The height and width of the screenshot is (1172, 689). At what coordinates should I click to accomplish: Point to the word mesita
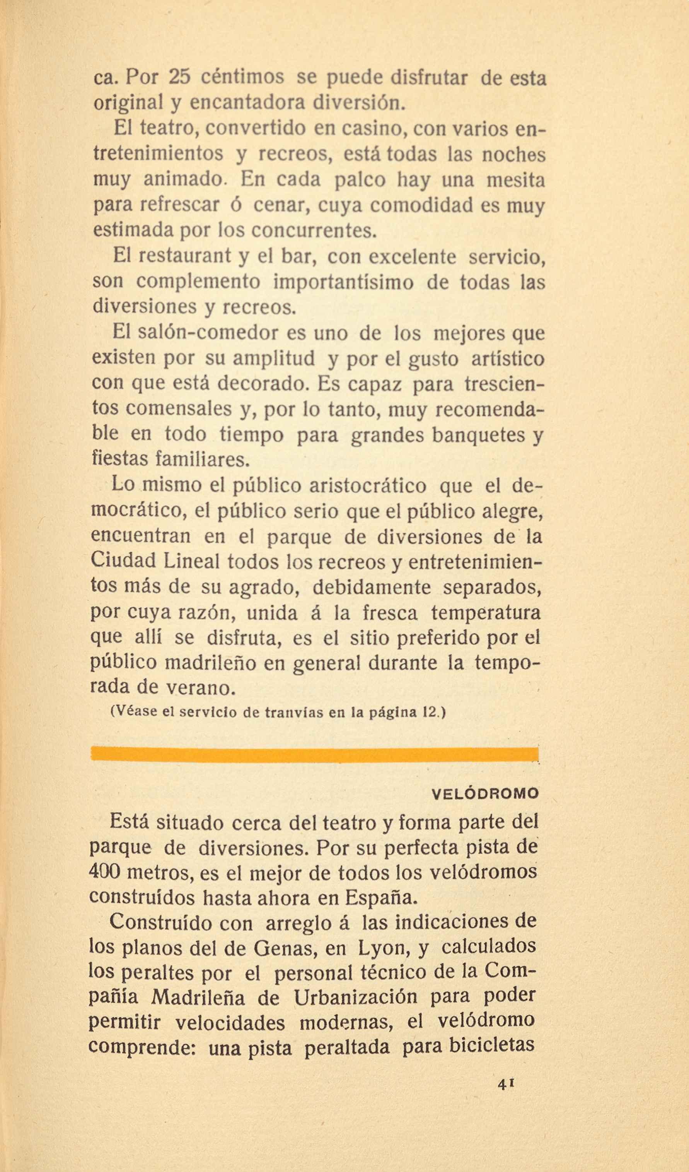click(x=515, y=180)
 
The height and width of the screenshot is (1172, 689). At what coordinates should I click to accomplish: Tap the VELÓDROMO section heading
click(x=485, y=794)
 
